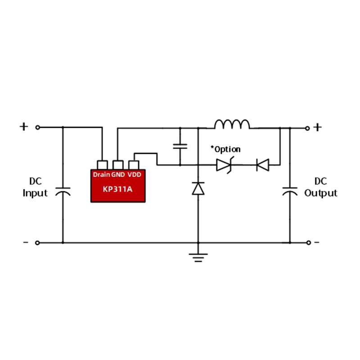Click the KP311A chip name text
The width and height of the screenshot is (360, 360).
(x=117, y=189)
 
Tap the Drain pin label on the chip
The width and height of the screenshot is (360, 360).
(x=101, y=175)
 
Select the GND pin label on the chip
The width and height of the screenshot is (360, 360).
(x=118, y=175)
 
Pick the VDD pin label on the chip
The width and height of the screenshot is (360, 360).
(x=134, y=175)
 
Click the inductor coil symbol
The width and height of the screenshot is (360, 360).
(x=232, y=124)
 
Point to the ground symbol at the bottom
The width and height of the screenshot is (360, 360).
(x=198, y=257)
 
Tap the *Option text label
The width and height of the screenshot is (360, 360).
(x=225, y=149)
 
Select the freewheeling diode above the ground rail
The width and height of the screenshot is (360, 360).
(x=198, y=189)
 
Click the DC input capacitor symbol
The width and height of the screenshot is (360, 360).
(x=63, y=192)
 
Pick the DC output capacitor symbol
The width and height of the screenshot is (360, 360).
(x=290, y=192)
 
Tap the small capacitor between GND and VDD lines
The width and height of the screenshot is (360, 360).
(x=180, y=146)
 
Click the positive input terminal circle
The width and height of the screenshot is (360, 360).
(x=38, y=127)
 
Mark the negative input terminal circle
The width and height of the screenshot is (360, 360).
(x=37, y=243)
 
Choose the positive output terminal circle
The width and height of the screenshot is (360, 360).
(x=307, y=128)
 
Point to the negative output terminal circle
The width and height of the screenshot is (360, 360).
(x=309, y=243)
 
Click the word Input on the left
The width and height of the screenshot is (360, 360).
(x=35, y=193)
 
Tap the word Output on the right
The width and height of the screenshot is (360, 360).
(x=321, y=193)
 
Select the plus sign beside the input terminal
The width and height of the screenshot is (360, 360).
(x=24, y=126)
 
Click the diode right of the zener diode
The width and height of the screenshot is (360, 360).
(x=263, y=165)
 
